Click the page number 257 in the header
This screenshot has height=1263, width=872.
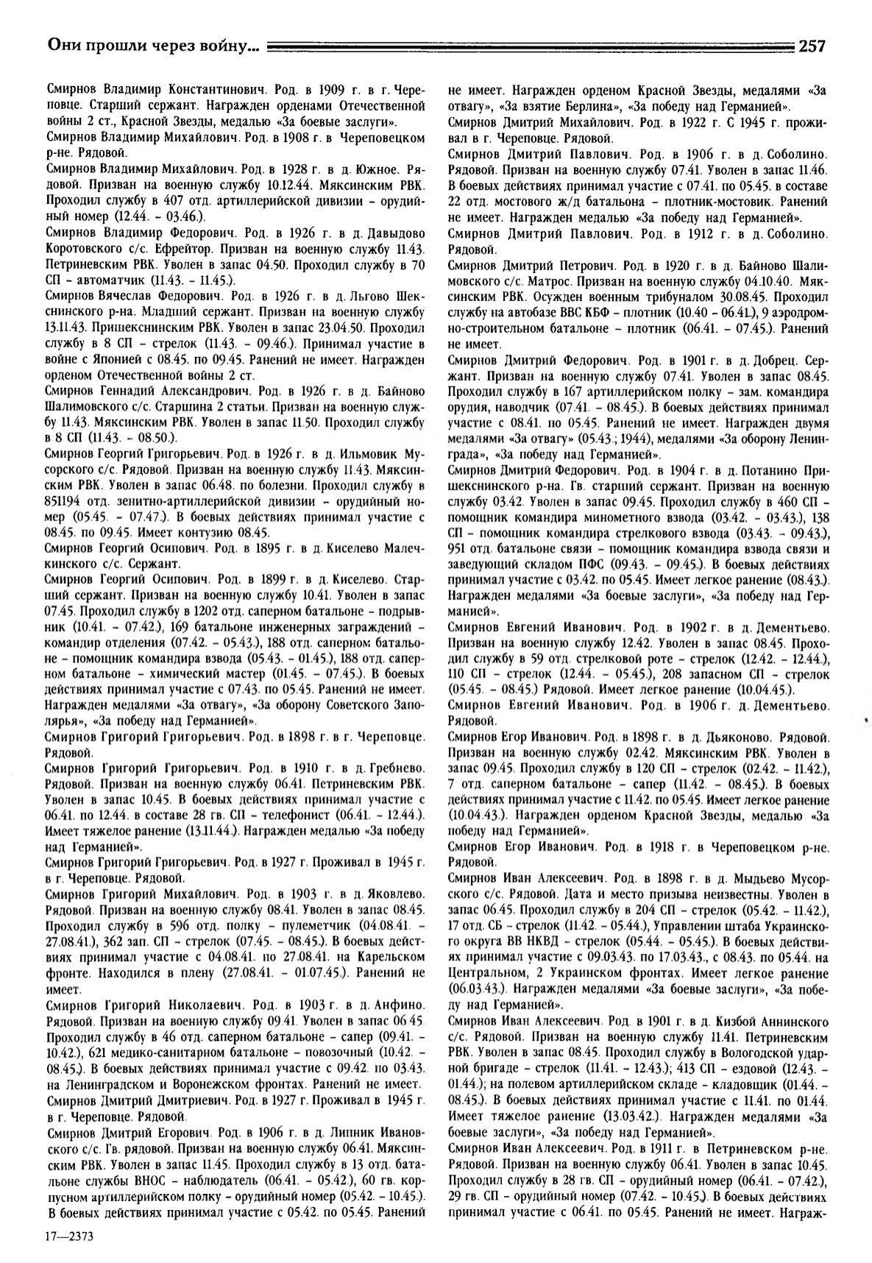point(811,46)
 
